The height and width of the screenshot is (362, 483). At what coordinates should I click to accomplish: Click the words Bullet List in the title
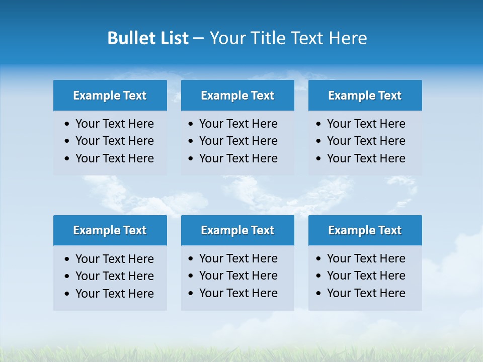148,38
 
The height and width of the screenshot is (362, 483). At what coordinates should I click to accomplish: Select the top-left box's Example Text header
110,96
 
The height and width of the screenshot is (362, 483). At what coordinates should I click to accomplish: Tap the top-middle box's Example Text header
237,96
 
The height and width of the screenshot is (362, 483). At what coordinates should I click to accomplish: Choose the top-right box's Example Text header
365,96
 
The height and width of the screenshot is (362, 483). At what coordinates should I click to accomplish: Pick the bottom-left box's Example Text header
110,230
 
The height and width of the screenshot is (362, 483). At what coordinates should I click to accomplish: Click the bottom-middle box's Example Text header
237,230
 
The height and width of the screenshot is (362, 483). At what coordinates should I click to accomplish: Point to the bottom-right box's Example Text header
365,230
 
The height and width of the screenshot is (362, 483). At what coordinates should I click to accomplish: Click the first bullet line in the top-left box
115,124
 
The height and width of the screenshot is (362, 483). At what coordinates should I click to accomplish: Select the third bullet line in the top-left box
115,158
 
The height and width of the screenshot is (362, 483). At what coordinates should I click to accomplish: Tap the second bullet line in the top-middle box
238,141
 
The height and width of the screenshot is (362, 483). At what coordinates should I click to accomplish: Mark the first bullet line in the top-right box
366,124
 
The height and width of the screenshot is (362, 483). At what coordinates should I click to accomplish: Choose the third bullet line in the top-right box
366,158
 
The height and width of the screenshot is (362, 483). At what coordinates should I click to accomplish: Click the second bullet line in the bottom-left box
115,276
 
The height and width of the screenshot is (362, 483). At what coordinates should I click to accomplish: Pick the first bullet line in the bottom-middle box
238,258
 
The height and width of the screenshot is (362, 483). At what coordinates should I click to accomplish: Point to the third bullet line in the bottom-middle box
238,293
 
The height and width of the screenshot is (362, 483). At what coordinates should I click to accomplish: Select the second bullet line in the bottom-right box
366,276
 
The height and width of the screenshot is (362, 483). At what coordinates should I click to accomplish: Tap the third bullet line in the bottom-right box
366,293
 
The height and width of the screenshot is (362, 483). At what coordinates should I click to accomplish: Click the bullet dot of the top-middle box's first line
191,124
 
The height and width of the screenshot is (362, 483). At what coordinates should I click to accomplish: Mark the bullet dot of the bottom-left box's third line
67,294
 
